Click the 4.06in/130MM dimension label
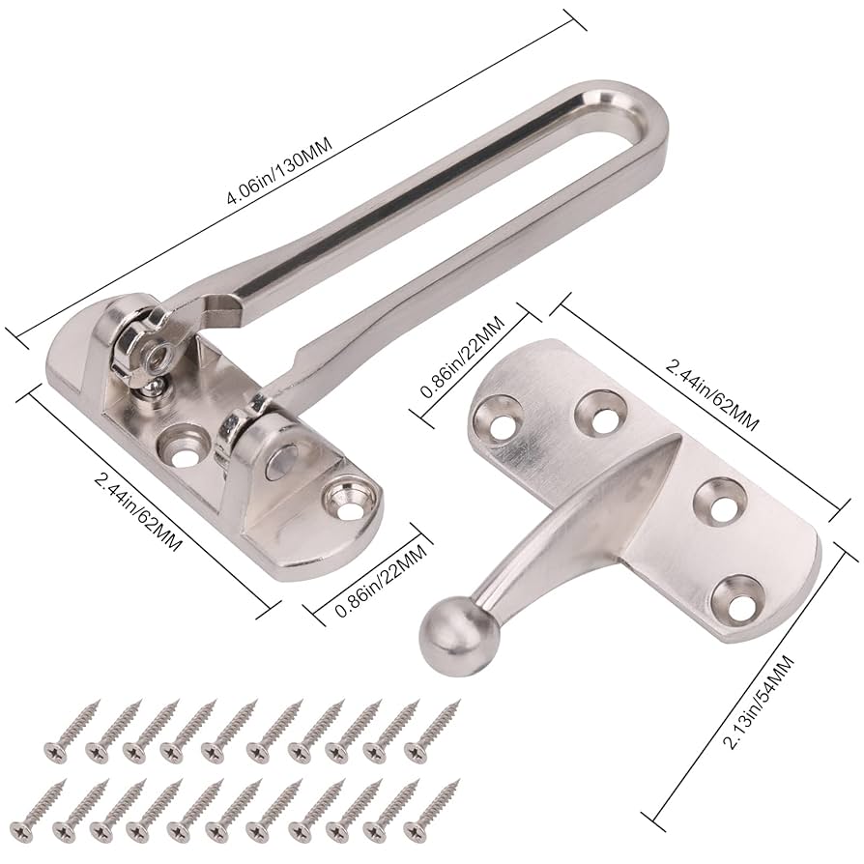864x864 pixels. [280, 171]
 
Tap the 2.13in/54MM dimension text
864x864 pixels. [759, 702]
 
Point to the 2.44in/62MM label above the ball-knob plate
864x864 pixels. [712, 395]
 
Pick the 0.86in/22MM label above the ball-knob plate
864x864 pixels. [462, 357]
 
